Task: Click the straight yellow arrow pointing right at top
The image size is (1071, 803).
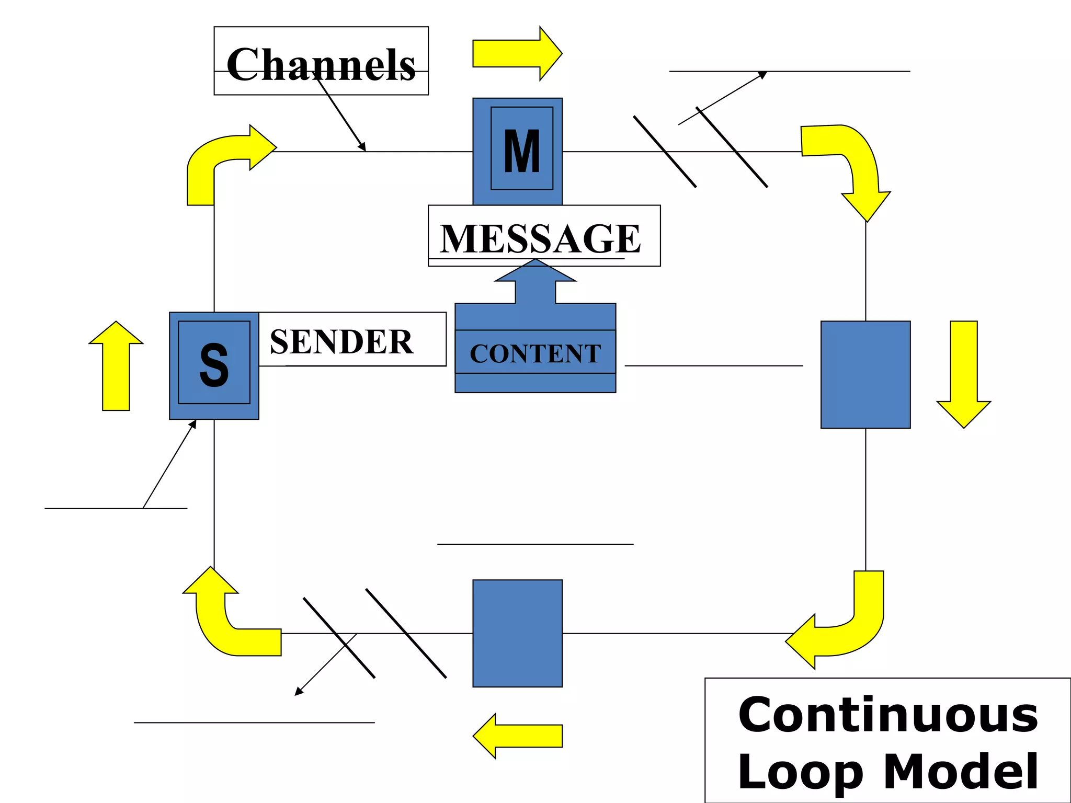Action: (x=516, y=53)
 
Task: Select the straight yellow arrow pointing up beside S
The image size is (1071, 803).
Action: (x=116, y=366)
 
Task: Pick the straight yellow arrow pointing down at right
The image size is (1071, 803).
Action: (x=964, y=374)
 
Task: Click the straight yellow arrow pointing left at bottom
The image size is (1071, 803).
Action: (x=518, y=736)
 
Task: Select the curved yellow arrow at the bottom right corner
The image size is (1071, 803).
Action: (x=847, y=627)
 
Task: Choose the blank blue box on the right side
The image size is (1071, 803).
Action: (x=865, y=374)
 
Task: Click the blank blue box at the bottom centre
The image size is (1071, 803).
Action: (x=517, y=633)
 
